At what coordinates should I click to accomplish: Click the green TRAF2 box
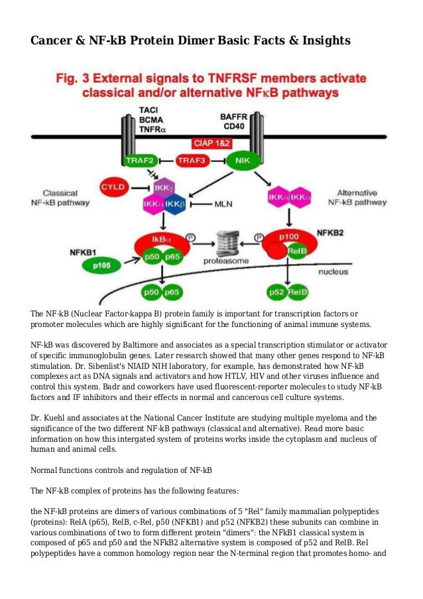(x=140, y=160)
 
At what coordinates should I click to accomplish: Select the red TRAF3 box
(x=193, y=160)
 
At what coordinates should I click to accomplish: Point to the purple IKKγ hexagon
(x=163, y=188)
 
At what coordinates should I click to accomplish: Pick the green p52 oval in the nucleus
(x=276, y=291)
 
